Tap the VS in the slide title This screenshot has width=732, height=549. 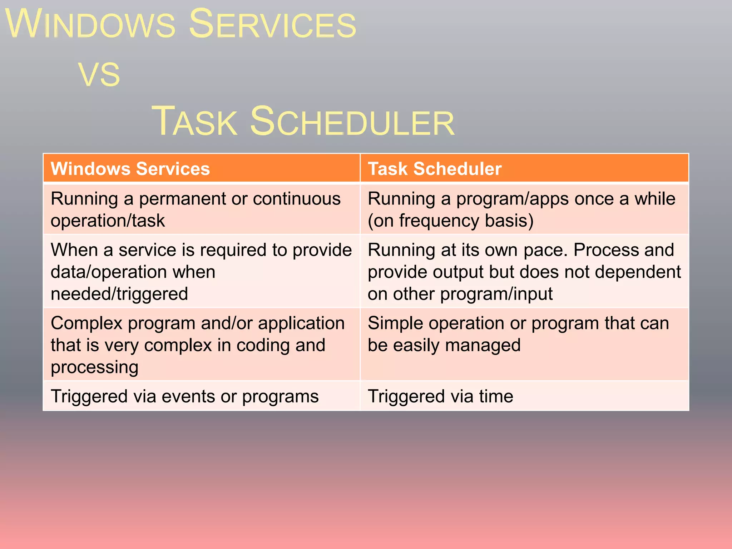(x=99, y=75)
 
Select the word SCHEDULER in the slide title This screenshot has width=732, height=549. (x=352, y=122)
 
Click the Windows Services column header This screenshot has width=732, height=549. (x=130, y=169)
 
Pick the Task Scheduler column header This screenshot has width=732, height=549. (x=435, y=169)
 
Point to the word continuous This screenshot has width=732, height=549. (x=297, y=199)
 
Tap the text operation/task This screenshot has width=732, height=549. (x=108, y=221)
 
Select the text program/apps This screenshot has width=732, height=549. (x=512, y=199)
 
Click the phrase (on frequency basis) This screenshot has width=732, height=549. (x=450, y=221)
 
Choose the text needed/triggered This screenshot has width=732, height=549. (x=119, y=294)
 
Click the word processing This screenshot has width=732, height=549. (x=94, y=367)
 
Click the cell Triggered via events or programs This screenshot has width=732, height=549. (x=184, y=396)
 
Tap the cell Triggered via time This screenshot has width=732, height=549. (x=440, y=396)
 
